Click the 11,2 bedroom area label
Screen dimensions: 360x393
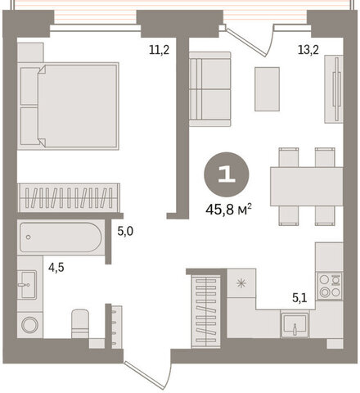tap(159, 50)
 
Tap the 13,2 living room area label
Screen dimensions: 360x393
tap(308, 50)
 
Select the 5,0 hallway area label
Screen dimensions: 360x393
tap(125, 232)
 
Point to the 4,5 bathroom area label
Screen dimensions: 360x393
tap(56, 268)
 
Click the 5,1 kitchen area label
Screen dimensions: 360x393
tap(299, 297)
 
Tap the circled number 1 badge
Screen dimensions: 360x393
tap(227, 174)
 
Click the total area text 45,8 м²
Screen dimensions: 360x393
tap(228, 210)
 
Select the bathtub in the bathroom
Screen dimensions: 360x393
tap(61, 237)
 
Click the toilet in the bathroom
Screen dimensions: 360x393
tap(80, 323)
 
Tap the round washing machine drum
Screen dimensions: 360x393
tap(30, 325)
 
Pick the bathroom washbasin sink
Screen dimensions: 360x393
tap(28, 285)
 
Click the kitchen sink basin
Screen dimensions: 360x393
tap(295, 324)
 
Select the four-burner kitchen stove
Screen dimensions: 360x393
tap(330, 286)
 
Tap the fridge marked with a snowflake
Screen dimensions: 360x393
tap(241, 283)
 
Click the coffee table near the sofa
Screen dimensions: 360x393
tap(267, 89)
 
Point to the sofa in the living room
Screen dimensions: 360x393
tap(209, 89)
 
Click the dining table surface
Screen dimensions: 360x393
tap(307, 187)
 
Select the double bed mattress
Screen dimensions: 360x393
tap(78, 106)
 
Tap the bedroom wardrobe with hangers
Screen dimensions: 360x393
tap(69, 198)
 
